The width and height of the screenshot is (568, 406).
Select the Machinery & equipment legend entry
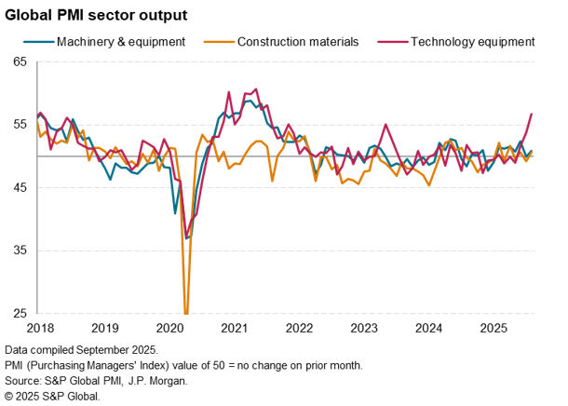click(x=120, y=42)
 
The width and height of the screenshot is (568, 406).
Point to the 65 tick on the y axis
click(x=20, y=61)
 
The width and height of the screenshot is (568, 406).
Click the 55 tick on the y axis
click(x=20, y=125)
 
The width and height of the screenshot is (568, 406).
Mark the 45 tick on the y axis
click(x=20, y=188)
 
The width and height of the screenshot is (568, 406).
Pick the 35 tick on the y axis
click(x=20, y=251)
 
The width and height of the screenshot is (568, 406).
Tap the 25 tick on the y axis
click(x=20, y=314)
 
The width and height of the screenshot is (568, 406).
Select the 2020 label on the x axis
click(x=169, y=328)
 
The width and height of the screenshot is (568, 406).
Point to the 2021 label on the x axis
click(x=235, y=328)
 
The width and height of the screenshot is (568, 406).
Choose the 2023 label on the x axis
click(x=364, y=328)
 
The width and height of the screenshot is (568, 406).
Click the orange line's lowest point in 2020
click(x=186, y=313)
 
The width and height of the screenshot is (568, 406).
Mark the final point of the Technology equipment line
click(x=532, y=114)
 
